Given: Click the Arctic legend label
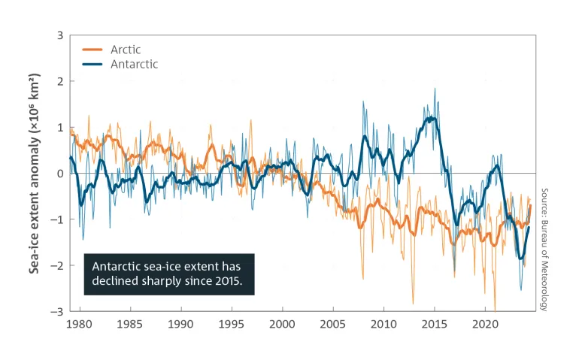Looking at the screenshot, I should point(125,50).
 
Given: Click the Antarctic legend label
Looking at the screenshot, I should point(134,65).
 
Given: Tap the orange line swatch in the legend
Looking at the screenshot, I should point(92,50).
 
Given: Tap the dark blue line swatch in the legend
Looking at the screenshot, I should point(92,65).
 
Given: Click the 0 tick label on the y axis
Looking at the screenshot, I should point(59,173).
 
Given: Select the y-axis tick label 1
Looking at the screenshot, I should point(59,127).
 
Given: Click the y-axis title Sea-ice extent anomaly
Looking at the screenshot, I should point(35,173).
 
